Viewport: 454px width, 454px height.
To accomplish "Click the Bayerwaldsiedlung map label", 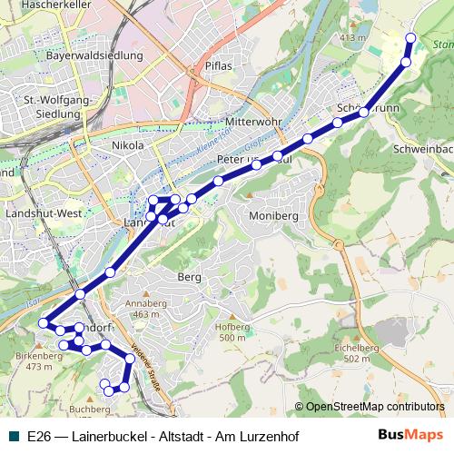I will (94, 55).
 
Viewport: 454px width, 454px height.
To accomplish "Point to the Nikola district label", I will (126, 144).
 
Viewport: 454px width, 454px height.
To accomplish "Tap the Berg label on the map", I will (189, 277).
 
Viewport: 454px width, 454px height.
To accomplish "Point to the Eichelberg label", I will (356, 348).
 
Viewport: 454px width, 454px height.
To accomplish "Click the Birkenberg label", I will (39, 356).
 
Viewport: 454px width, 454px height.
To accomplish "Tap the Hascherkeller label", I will (36, 6).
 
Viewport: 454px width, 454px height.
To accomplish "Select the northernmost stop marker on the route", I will (410, 38).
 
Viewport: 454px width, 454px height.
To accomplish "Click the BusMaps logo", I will (410, 436).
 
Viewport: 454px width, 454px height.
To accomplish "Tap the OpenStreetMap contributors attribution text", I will (375, 407).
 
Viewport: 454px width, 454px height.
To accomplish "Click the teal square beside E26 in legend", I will (14, 437).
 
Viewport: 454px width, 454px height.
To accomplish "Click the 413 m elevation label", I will (351, 37).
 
